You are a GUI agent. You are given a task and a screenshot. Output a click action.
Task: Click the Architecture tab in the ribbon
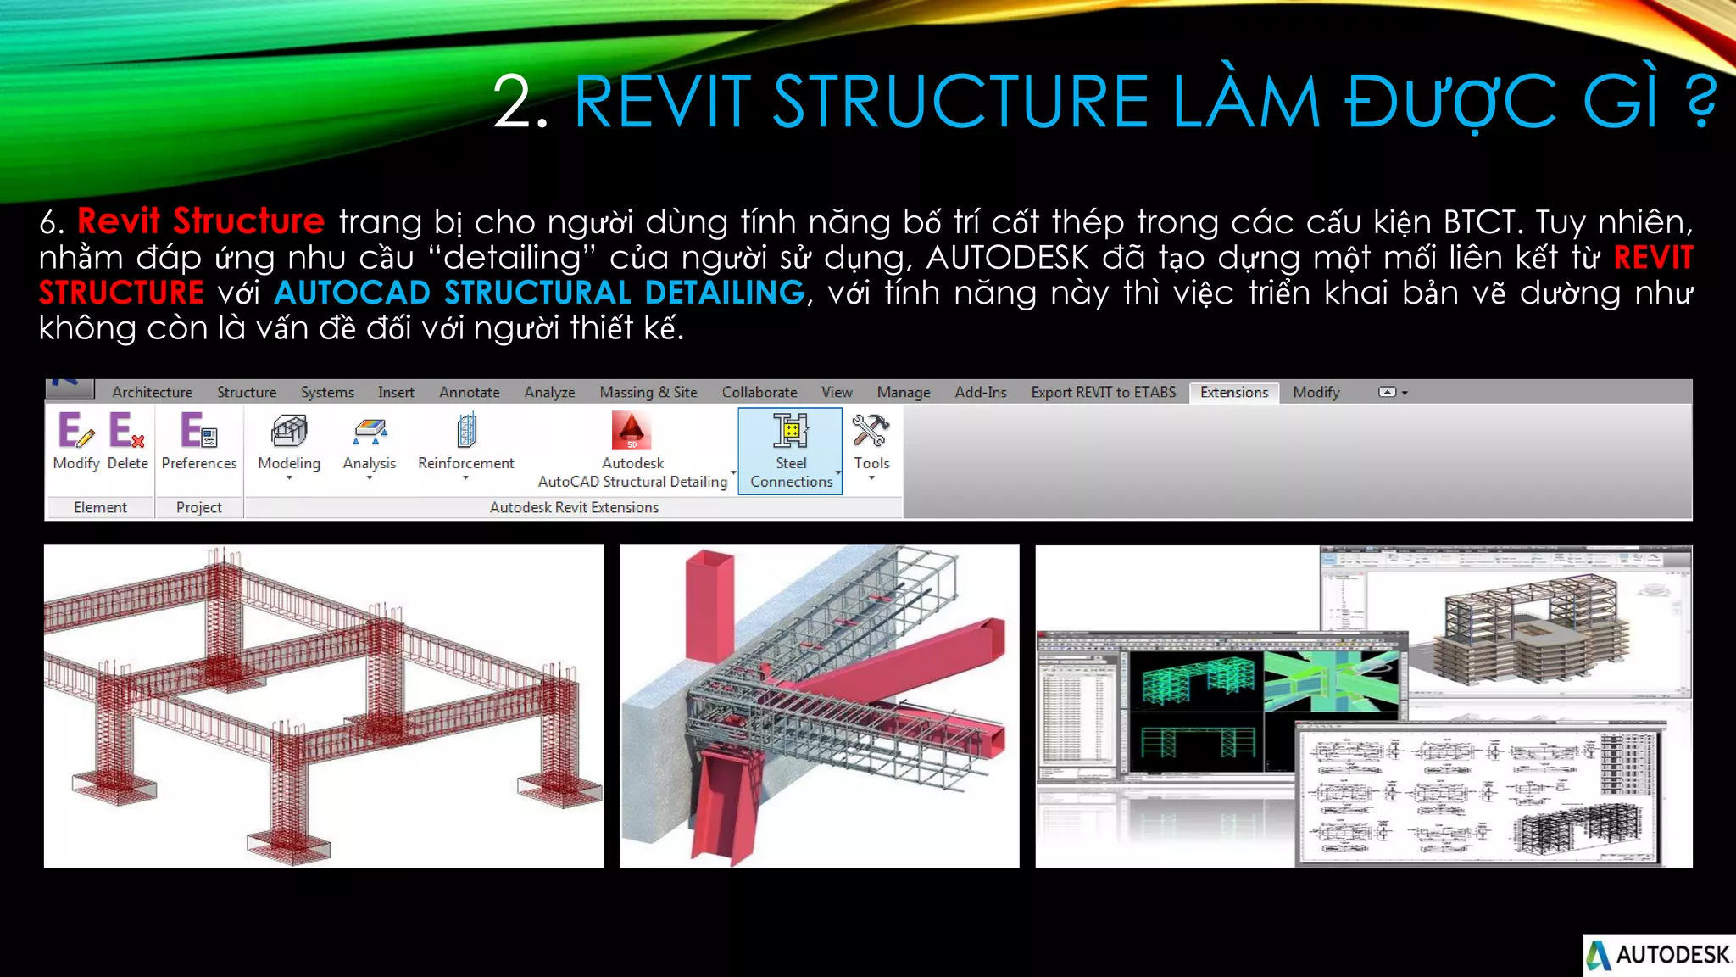[x=153, y=392]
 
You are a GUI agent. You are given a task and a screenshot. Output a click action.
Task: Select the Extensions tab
[x=1233, y=392]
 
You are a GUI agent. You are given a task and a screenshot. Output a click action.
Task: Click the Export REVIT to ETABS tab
[x=1103, y=392]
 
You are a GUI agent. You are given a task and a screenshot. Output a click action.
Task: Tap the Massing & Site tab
[x=648, y=392]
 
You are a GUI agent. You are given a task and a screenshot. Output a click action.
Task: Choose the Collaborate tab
[x=759, y=392]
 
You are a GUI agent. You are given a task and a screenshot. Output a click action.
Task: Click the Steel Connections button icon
[x=791, y=431]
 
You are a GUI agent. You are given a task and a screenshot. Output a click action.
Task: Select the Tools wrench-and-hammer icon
[x=871, y=431]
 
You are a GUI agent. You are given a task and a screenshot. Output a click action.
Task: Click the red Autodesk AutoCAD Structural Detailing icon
[x=632, y=431]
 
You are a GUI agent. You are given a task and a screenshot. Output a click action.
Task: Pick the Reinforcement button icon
[x=466, y=431]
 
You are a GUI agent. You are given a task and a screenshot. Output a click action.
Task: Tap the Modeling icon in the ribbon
[x=289, y=431]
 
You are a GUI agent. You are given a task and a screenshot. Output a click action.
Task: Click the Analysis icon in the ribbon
[x=370, y=431]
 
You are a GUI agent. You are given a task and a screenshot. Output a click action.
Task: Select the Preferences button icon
[x=198, y=431]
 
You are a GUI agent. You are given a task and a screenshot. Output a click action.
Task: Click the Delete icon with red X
[x=127, y=431]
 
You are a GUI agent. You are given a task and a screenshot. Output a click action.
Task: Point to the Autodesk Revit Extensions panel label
[x=574, y=507]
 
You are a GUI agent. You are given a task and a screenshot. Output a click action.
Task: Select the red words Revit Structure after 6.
[x=201, y=221]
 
